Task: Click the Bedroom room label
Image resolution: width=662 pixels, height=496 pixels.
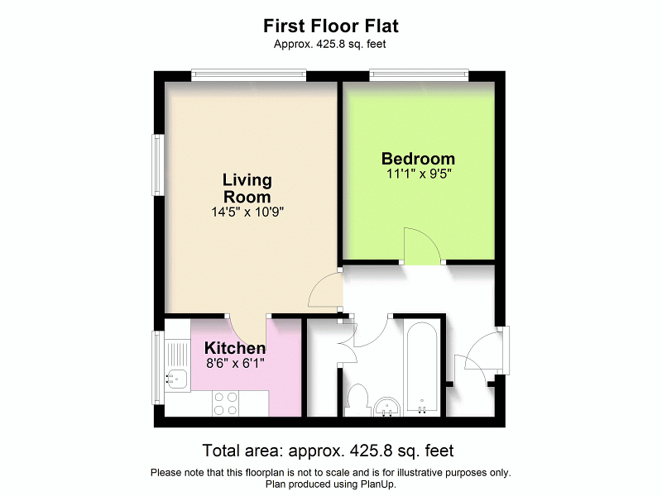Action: pos(418,159)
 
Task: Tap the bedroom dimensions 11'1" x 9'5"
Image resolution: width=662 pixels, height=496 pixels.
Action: pos(418,174)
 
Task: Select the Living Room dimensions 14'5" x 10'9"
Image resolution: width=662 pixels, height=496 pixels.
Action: pos(247,212)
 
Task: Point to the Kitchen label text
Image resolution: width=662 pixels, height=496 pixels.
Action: pos(235,348)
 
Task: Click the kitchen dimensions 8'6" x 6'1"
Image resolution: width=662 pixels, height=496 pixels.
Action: pos(235,362)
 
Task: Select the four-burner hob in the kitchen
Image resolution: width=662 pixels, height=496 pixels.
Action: pos(226,403)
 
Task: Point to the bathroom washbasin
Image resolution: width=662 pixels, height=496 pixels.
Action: pos(386,406)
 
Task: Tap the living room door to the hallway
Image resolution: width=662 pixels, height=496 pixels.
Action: pos(324,289)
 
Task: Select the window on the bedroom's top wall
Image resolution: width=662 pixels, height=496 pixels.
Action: pos(420,75)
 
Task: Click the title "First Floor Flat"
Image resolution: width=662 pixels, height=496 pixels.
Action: pos(331,26)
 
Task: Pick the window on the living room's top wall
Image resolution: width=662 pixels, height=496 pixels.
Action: pos(248,75)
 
